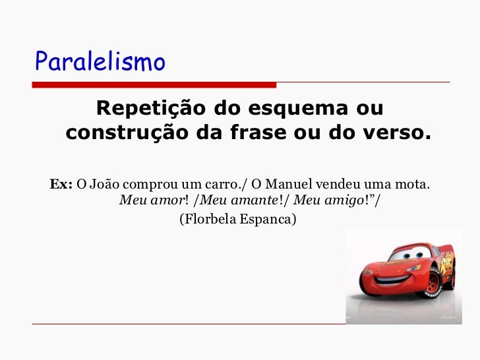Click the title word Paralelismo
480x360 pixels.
click(x=100, y=62)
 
